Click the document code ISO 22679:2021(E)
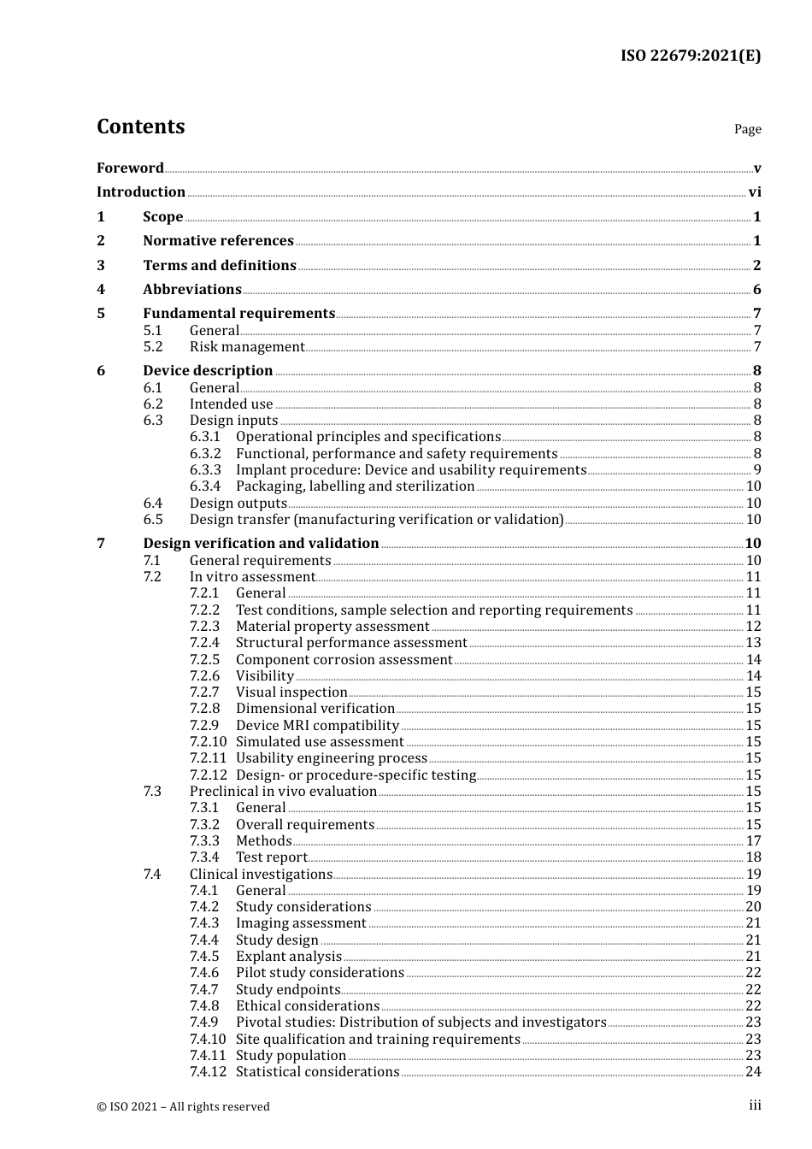(690, 56)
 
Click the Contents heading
(141, 127)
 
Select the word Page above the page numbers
(747, 129)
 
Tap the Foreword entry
(130, 168)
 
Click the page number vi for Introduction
(755, 192)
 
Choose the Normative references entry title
(218, 241)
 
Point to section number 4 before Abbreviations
(101, 290)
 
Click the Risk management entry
(247, 347)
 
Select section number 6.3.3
(205, 470)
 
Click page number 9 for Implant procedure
(757, 470)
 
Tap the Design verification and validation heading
(261, 544)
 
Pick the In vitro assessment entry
(252, 577)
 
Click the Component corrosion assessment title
(344, 660)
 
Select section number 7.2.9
(205, 726)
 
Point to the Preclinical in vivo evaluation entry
(283, 792)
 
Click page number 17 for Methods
(753, 841)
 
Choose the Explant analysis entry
(289, 957)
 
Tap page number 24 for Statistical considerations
(753, 1072)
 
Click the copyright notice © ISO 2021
(183, 1107)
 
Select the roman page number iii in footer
(755, 1106)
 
